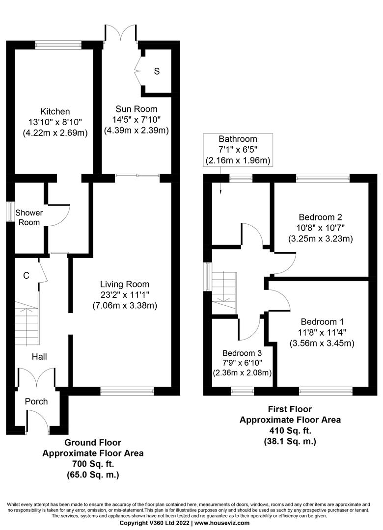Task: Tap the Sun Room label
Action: (137, 109)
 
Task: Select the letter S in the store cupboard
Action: (157, 72)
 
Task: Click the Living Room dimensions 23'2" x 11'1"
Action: (124, 295)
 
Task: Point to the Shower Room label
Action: (29, 217)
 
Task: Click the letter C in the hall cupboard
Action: (27, 276)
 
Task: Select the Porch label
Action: (36, 401)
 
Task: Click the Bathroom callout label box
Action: (238, 150)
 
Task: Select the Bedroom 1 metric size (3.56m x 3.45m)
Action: (322, 343)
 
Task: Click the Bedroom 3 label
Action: (242, 353)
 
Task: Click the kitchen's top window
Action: (58, 45)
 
